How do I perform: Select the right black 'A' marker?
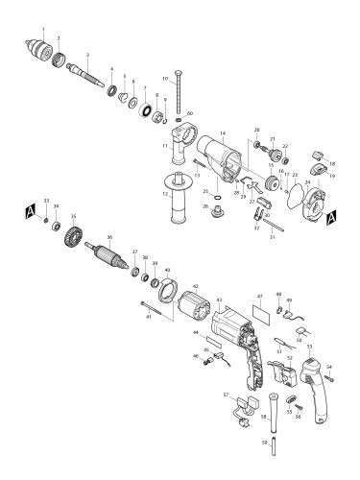330,217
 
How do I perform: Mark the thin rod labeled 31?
274,226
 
